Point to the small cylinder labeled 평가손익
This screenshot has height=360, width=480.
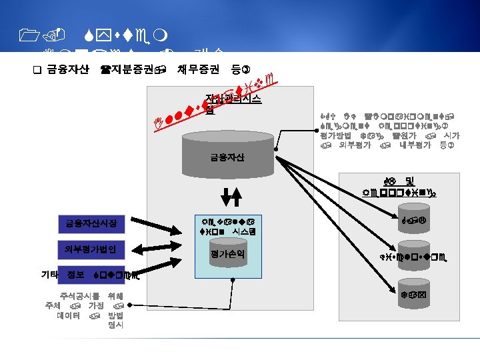(x=227, y=254)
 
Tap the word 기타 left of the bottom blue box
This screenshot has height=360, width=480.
(x=49, y=275)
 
